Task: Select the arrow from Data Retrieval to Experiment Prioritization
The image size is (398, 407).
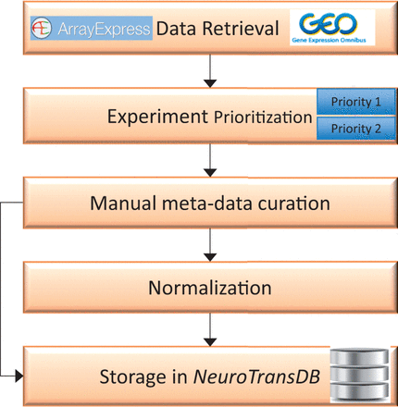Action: pos(213,71)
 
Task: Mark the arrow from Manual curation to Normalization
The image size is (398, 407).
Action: pos(213,245)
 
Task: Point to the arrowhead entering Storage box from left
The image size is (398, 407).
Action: pos(18,376)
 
